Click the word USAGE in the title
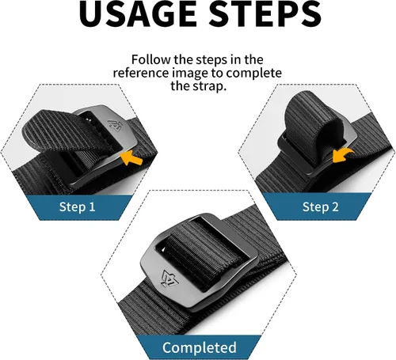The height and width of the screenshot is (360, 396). click(138, 13)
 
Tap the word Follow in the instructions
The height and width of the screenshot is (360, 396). click(151, 59)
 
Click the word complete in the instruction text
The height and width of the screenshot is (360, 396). click(254, 74)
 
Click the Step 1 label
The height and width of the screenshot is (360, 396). click(77, 207)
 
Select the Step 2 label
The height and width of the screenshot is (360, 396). click(320, 207)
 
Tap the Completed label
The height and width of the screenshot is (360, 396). click(200, 347)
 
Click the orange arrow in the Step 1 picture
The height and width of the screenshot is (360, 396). click(131, 158)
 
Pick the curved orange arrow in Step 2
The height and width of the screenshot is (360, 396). click(342, 155)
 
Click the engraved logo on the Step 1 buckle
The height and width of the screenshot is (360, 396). click(115, 125)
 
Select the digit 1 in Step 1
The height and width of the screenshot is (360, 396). click(92, 207)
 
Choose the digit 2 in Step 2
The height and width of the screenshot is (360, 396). click(335, 207)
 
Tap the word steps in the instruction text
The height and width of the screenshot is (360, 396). click(212, 60)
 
